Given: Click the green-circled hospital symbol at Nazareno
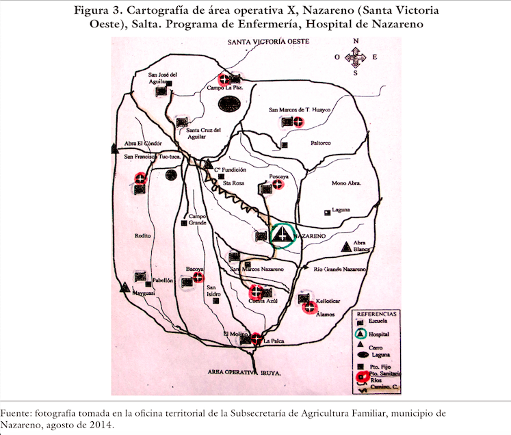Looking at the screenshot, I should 281,235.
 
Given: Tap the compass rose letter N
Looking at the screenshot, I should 355,41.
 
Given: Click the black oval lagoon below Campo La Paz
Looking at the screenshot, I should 229,104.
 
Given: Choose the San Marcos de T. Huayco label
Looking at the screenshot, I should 300,109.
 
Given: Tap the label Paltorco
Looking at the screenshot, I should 320,143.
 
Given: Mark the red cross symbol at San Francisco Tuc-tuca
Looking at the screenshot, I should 141,179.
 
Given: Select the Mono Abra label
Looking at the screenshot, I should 345,183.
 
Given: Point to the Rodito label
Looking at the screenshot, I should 143,235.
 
